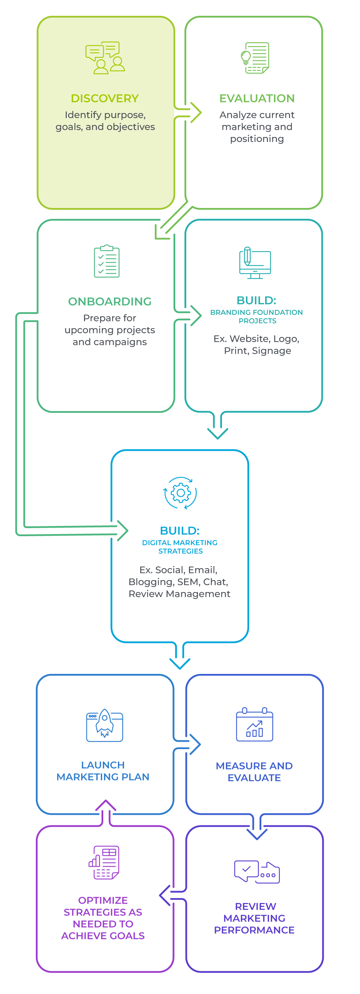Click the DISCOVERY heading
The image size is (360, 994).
[x=105, y=98]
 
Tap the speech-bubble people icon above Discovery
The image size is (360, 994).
[x=105, y=58]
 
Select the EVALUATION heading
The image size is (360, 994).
[x=257, y=98]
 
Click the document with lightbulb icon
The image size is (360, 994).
[x=255, y=58]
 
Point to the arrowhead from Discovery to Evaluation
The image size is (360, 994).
[x=196, y=113]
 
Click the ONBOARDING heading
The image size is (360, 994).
[x=110, y=301]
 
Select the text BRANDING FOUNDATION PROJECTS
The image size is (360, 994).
[x=257, y=317]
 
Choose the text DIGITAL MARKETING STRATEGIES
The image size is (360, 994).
[x=180, y=547]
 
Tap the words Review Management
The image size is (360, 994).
[x=179, y=594]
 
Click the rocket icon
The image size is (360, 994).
[x=105, y=725]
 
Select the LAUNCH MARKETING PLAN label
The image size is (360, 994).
[x=103, y=771]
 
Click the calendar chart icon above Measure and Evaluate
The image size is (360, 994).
[x=255, y=725]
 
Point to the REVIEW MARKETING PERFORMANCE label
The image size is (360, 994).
[x=255, y=918]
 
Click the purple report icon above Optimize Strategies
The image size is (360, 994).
[x=104, y=863]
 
